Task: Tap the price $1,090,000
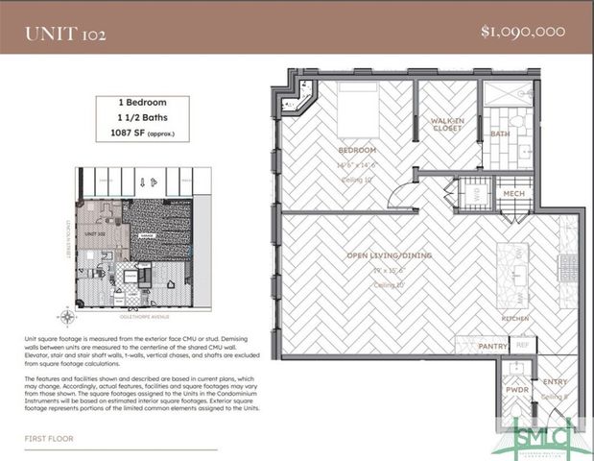click(x=522, y=31)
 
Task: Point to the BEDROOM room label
click(x=356, y=152)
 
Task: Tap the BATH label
click(x=499, y=134)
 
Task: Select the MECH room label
click(x=513, y=193)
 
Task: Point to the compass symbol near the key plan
click(x=66, y=316)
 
